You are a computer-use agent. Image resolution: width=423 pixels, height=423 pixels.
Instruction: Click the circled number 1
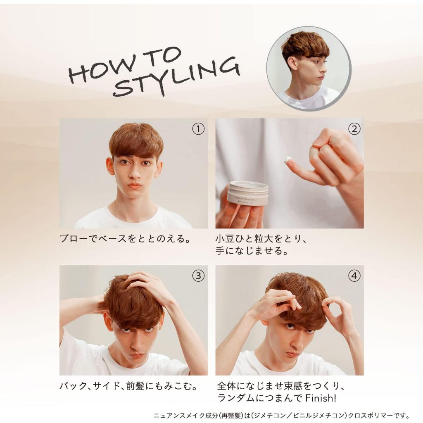coord(198,129)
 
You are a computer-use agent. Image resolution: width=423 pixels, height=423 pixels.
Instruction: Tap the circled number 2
coord(354,129)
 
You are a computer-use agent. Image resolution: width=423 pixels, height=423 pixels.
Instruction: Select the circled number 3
coord(198,276)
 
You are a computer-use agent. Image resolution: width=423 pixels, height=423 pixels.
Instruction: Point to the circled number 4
coord(354,276)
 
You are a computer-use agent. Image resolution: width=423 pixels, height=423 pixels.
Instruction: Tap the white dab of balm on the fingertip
coord(288,159)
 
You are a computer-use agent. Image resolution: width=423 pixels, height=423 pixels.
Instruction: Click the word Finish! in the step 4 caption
coord(321,398)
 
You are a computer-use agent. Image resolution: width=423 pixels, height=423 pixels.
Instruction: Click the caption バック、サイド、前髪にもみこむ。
coord(129,386)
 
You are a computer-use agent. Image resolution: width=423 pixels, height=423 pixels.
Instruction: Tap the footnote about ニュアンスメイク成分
coord(281,416)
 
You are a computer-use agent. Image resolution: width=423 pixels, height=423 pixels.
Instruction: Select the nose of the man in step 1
coord(135,172)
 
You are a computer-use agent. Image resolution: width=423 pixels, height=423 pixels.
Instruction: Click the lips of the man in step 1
coord(134,186)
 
